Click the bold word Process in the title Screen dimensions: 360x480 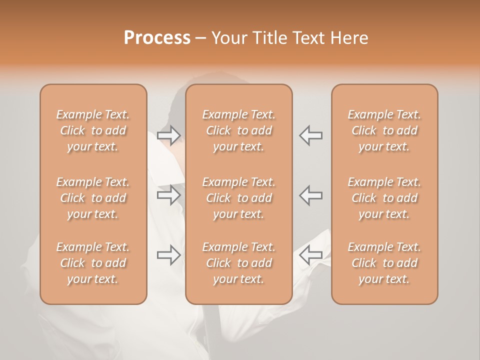[x=157, y=38]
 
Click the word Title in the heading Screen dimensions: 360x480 [x=268, y=38]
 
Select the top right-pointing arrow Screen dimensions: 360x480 [x=168, y=135]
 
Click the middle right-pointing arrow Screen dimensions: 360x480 [x=168, y=195]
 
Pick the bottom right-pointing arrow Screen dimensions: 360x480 [x=168, y=255]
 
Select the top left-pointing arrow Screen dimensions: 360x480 [x=311, y=135]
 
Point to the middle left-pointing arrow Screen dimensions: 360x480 [x=311, y=195]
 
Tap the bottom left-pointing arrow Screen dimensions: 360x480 [x=311, y=255]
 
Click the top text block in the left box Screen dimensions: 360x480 [x=93, y=130]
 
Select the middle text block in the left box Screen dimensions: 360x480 [x=93, y=198]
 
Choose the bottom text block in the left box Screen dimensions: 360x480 [x=93, y=263]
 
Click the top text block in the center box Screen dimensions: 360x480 [x=238, y=130]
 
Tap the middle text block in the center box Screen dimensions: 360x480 [x=238, y=198]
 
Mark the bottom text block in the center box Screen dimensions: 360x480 [x=238, y=263]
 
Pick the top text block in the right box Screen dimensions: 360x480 [x=384, y=130]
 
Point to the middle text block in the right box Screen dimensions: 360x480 [x=384, y=198]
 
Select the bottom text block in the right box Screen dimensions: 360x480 [x=384, y=263]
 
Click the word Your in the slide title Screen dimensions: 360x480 [x=228, y=38]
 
